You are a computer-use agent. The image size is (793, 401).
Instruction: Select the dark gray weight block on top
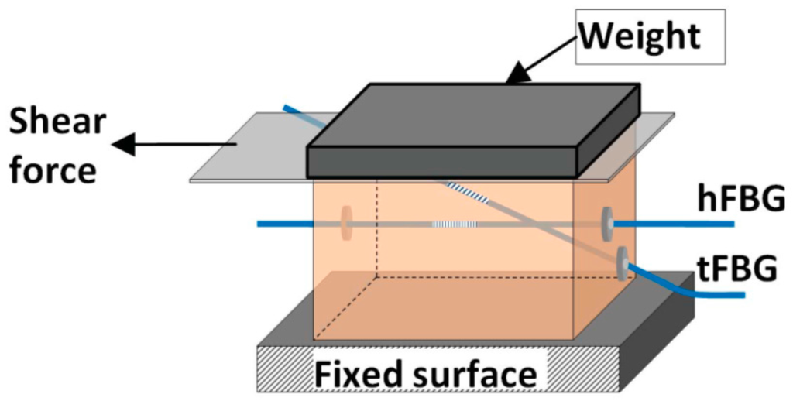pyautogui.click(x=472, y=128)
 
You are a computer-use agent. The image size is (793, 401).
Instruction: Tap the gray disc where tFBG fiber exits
pyautogui.click(x=622, y=263)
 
